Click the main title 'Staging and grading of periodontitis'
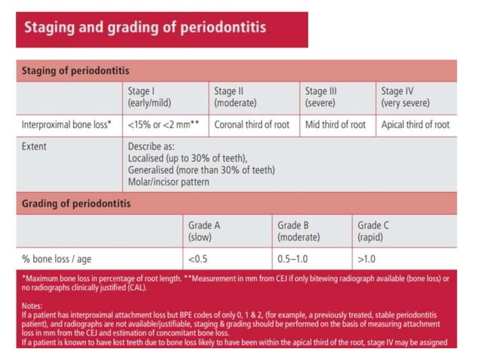[145, 29]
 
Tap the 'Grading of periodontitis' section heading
[75, 203]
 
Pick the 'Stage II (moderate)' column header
[236, 97]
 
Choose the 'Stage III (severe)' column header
[320, 97]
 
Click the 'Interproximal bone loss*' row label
[67, 125]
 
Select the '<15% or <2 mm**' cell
[163, 125]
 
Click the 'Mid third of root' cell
[335, 125]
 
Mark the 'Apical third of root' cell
[415, 125]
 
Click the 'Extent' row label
[34, 146]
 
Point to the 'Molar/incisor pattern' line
[168, 182]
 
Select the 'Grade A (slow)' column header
[204, 231]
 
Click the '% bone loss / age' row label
[57, 259]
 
